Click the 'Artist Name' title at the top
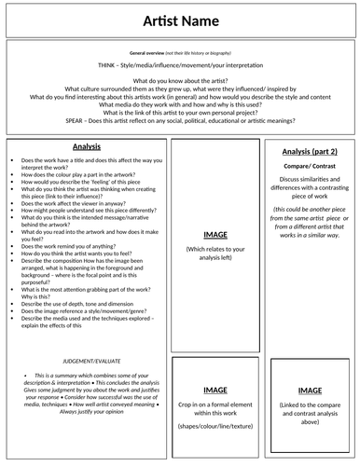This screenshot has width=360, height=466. pyautogui.click(x=180, y=21)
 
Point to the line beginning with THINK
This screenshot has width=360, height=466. pyautogui.click(x=180, y=68)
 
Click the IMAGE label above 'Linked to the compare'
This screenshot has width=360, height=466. pyautogui.click(x=309, y=391)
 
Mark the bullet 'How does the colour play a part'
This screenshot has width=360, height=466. pyautogui.click(x=79, y=175)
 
